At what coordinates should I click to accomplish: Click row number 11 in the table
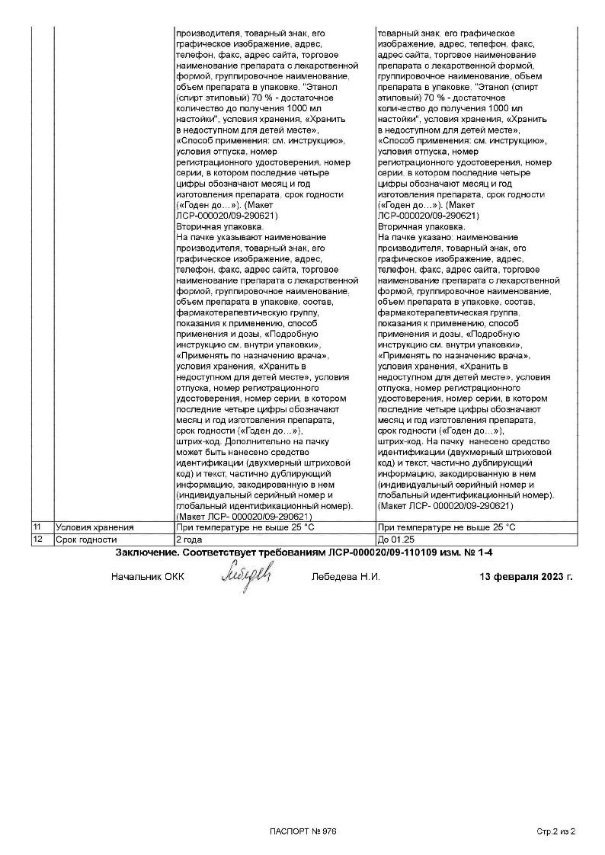pyautogui.click(x=37, y=527)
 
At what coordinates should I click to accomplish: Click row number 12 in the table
pyautogui.click(x=37, y=539)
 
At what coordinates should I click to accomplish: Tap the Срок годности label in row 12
pyautogui.click(x=87, y=539)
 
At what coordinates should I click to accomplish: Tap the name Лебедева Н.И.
pyautogui.click(x=346, y=577)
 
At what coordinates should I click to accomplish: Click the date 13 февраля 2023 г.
pyautogui.click(x=526, y=577)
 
